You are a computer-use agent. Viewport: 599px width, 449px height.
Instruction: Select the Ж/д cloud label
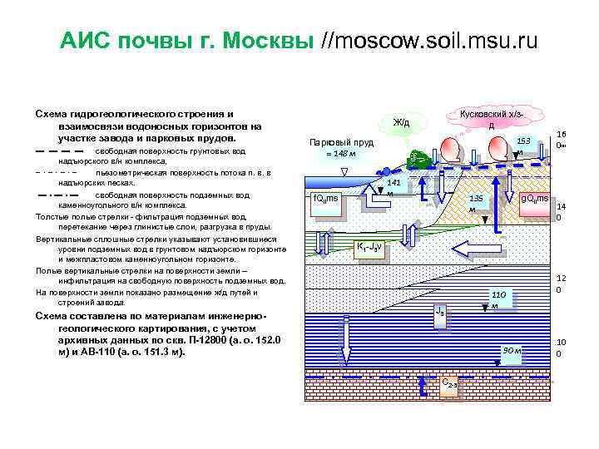point(402,123)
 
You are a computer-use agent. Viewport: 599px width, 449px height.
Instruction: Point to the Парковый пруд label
point(341,142)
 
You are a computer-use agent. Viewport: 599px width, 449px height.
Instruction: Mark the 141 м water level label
point(394,186)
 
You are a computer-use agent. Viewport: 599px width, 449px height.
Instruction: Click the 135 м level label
point(474,203)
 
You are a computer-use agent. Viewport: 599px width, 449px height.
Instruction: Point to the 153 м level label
point(522,146)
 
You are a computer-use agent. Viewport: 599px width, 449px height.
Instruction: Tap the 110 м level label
point(498,299)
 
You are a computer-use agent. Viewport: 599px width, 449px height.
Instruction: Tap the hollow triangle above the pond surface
point(344,173)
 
